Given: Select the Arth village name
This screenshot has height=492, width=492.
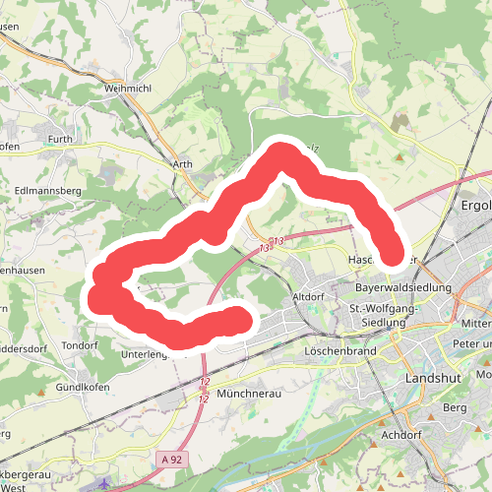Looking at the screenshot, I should pos(183,164).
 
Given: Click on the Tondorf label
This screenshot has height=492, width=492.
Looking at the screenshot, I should pos(80,345).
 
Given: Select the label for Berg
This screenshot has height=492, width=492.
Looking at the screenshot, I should pos(455,406).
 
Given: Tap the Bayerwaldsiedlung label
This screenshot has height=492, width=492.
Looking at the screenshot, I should pos(403,287).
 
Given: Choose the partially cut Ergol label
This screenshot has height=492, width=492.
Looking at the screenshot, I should pos(475,207).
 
